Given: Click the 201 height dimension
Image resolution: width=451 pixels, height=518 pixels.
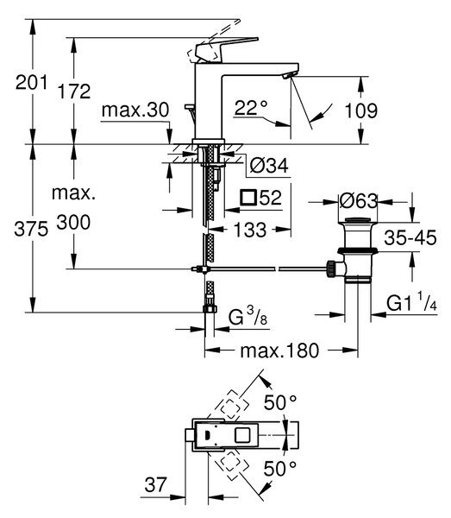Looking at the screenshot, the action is tap(31, 82).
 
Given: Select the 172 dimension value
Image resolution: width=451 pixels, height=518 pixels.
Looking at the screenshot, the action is tap(74, 92).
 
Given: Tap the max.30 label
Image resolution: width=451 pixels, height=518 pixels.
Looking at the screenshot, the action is tap(135, 110).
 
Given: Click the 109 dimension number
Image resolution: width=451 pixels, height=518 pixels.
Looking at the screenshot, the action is tap(361, 111).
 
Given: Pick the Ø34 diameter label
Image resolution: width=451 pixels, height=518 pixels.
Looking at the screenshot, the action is tap(269, 165).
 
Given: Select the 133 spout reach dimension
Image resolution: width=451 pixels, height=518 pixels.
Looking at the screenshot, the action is tap(250, 230).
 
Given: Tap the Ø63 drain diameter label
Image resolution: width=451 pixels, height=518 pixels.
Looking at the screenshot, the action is tap(358, 200).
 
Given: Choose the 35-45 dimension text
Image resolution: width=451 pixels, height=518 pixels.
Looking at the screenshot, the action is tap(410, 237).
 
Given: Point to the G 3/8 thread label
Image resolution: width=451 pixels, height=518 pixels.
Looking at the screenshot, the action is tap(247, 317).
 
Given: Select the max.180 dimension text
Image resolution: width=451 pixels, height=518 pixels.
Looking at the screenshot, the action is tap(279, 351).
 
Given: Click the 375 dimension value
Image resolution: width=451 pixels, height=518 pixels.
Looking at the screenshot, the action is tap(31, 229).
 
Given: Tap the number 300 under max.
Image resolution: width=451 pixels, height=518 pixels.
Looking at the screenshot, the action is tap(73, 223).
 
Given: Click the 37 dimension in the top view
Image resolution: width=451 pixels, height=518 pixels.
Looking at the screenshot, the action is tap(155, 485).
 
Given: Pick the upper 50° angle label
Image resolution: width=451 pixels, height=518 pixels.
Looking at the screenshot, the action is tap(280, 402).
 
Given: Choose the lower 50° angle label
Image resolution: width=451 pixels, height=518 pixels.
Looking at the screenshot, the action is tap(280, 469).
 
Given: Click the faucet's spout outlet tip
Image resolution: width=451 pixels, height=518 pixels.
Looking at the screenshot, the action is tap(287, 76).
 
